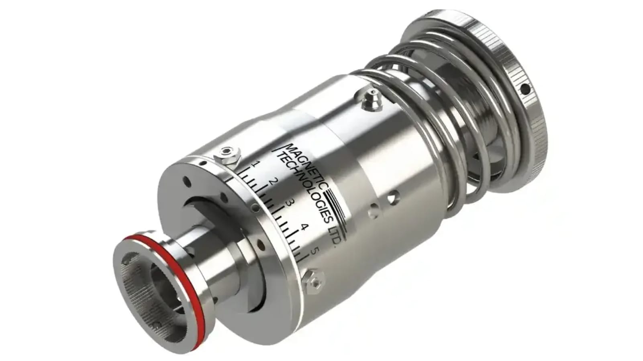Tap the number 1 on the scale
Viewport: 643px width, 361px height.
254,164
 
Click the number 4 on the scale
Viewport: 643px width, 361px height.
303,227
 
